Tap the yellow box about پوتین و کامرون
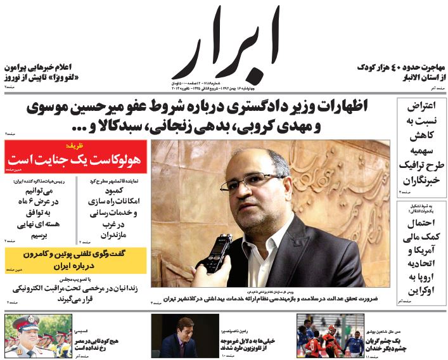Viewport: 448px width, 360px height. pos(75,259)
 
